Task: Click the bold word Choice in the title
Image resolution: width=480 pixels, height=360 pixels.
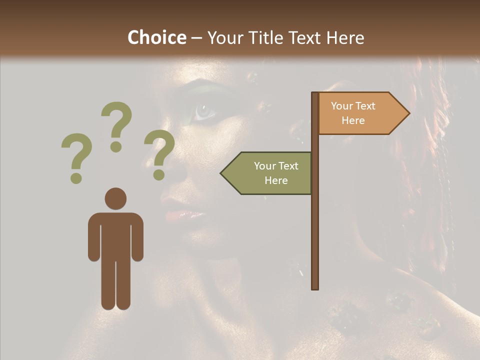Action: pos(156,37)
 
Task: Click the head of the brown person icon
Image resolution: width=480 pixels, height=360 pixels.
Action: pos(115,198)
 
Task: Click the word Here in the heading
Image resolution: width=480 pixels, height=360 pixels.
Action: pos(345,37)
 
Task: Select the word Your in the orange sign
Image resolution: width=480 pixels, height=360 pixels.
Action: pos(342,106)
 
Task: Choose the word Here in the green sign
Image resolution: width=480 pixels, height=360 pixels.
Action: pos(276,180)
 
